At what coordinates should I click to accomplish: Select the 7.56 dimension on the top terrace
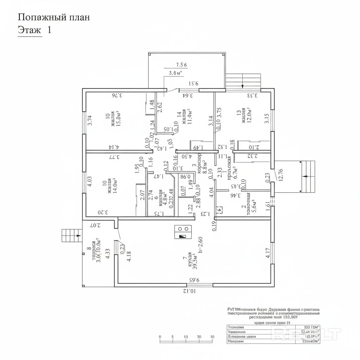tap(181, 64)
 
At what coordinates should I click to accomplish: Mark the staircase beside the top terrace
tap(243, 82)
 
